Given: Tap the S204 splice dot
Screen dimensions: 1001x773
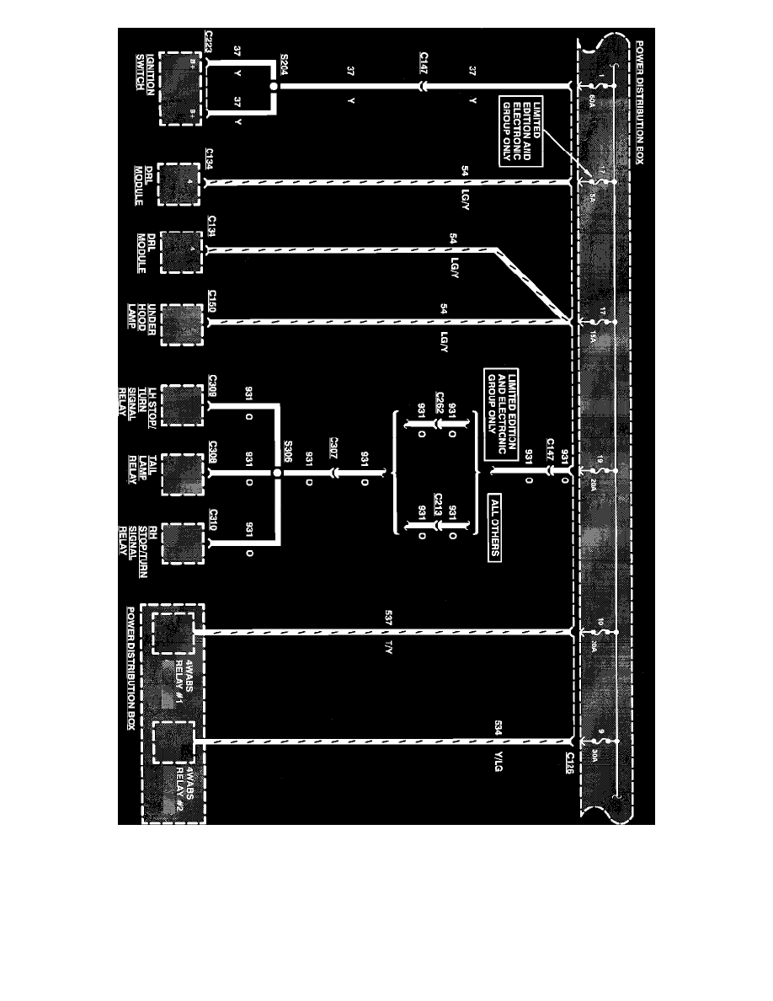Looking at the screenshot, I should coord(274,86).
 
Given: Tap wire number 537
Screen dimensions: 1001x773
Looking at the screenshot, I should coord(388,619).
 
